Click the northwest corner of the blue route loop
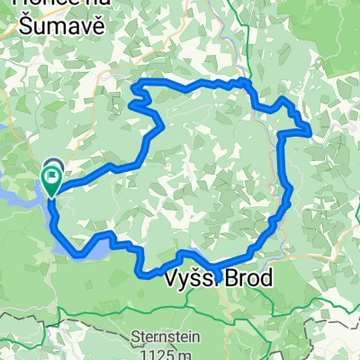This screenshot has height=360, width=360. [x=137, y=84]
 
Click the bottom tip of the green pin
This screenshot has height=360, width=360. [x=52, y=195]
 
